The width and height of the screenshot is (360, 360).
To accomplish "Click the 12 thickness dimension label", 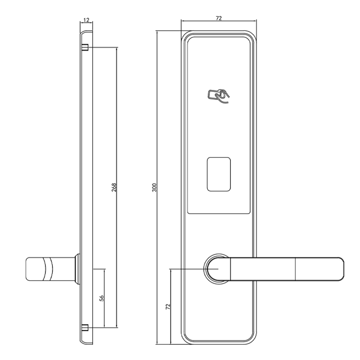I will tap(86, 20).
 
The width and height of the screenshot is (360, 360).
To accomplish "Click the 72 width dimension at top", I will tap(219, 18).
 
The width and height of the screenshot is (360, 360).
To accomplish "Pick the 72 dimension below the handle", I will tap(168, 307).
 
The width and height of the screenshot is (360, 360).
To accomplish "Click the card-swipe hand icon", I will tap(218, 96).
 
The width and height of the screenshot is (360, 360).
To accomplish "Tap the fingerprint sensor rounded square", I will tap(219, 174).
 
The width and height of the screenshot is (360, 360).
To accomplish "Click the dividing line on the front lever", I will tap(295, 269).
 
